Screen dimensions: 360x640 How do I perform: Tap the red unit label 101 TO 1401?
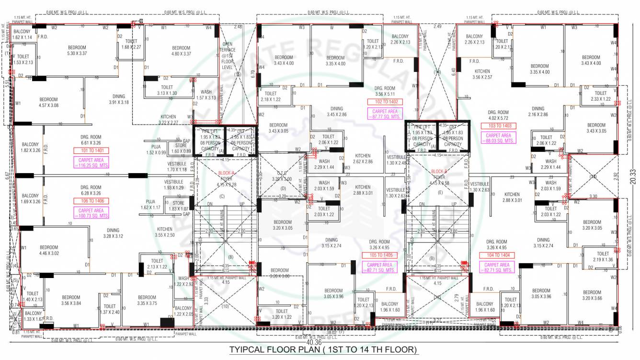[x=91, y=151]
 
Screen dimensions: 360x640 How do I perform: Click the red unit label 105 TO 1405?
[x=380, y=255]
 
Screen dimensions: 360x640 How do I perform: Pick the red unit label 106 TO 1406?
[x=91, y=201]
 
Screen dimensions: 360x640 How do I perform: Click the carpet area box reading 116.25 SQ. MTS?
[x=91, y=163]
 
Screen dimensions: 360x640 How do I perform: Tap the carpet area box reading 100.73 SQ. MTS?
[x=91, y=213]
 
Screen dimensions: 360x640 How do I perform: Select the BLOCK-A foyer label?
[x=226, y=176]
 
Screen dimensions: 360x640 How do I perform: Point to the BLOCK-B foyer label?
[x=439, y=174]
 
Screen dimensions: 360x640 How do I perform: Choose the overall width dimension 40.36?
[x=313, y=342]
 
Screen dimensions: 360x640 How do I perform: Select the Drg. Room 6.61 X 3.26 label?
[x=91, y=139]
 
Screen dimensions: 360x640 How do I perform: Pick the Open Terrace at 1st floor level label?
[x=228, y=55]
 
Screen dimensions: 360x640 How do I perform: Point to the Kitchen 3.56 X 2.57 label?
[x=482, y=74]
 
